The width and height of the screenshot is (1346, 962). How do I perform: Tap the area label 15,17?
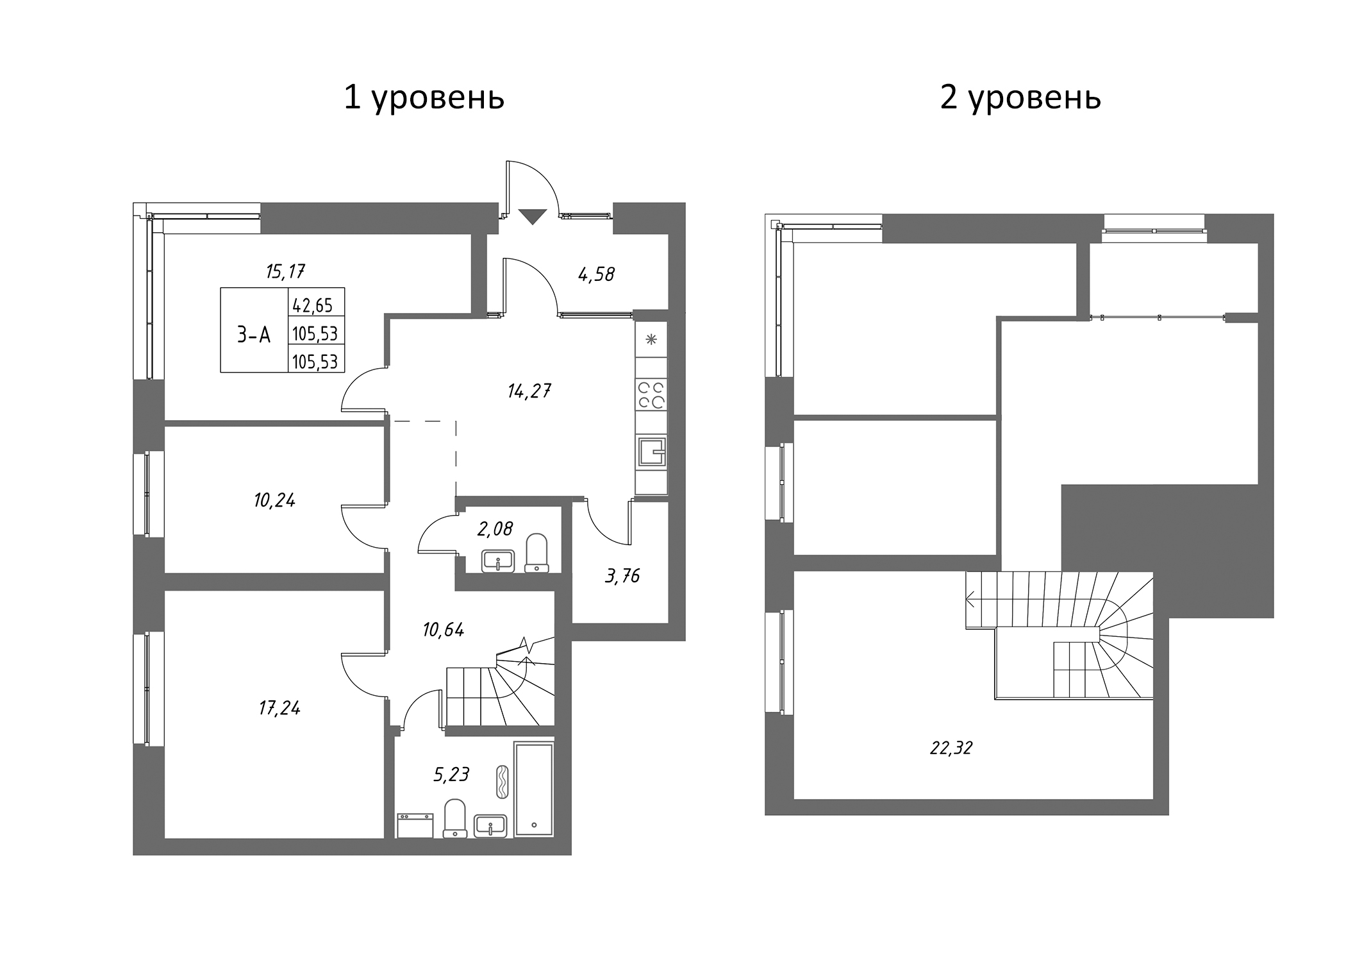285,271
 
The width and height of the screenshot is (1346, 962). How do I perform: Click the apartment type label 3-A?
254,334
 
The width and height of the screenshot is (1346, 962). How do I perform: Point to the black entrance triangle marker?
531,217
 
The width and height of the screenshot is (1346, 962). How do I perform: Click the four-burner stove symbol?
651,395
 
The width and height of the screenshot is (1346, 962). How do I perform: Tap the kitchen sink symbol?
651,451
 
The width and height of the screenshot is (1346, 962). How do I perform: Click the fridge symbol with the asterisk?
651,340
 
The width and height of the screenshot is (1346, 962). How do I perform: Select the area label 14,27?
529,391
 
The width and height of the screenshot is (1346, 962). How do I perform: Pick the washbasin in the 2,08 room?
498,561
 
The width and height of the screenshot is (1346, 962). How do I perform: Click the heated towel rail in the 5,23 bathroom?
503,781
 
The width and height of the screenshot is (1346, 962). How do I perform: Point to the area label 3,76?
622,575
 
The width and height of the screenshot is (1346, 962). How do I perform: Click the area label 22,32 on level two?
951,748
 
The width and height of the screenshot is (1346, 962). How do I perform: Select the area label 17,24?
279,708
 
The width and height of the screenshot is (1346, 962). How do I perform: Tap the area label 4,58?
596,274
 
